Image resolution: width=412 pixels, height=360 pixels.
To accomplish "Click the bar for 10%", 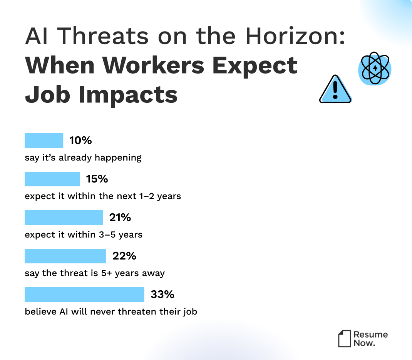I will coord(44,141).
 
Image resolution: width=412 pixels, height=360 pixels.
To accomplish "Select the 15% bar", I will coord(52,179).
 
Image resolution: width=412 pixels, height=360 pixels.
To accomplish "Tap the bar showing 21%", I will coord(64,218).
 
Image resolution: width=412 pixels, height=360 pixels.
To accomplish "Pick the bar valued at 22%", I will coord(65,256).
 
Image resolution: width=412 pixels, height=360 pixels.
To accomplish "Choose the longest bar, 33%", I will coord(84,295).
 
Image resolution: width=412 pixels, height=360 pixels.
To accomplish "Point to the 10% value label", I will coord(80,141).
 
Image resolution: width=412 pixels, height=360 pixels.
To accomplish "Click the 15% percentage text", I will coord(97,179).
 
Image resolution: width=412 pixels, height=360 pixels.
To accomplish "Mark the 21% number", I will coord(120,218).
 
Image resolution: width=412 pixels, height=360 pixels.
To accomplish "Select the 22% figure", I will coord(124,256).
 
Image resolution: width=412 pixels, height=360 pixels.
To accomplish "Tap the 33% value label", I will coord(162,295).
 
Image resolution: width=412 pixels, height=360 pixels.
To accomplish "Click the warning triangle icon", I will coord(335,90).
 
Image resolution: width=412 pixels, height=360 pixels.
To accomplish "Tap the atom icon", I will coord(375,69).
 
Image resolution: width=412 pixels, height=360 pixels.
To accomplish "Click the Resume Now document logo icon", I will coord(345,338).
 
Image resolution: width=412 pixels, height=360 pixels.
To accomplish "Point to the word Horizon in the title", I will coord(294,37).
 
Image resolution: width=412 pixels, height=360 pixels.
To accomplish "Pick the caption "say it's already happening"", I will coord(83,157).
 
